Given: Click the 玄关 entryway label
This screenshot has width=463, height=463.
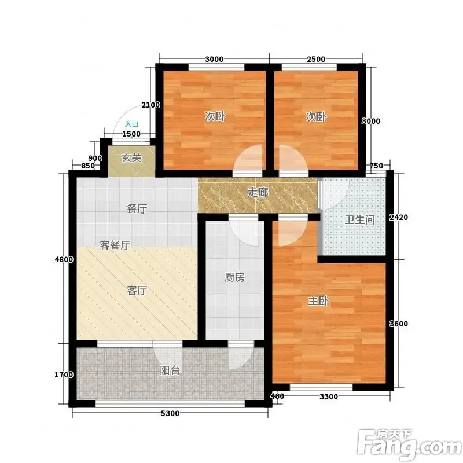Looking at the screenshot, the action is [x=131, y=158].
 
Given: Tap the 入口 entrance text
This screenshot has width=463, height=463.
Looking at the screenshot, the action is [x=132, y=124].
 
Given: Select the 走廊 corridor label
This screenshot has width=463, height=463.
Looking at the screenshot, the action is [x=258, y=192].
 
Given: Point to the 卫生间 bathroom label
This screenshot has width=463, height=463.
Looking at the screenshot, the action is [x=359, y=220].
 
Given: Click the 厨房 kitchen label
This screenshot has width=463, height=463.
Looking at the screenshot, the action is [x=235, y=277].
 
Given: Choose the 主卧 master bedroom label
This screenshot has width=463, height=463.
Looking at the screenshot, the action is [x=318, y=301].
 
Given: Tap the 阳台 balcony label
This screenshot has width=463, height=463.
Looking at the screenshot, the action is [x=170, y=370].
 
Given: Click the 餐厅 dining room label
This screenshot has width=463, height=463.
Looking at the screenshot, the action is [x=137, y=209].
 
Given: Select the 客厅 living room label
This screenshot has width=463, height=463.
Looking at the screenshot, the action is [x=137, y=291].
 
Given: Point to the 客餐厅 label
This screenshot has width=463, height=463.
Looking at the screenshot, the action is [x=115, y=245].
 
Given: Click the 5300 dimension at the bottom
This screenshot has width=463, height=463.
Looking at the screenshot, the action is [x=170, y=413].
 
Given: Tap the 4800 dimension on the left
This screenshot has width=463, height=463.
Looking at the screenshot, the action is [x=64, y=259].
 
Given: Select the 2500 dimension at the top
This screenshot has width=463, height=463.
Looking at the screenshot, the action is [x=316, y=59].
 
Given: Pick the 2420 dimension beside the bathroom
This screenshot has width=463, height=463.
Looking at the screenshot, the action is [x=398, y=218].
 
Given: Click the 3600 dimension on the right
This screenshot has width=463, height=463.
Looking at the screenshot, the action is [x=398, y=324].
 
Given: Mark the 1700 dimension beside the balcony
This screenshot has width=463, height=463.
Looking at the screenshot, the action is [x=64, y=374].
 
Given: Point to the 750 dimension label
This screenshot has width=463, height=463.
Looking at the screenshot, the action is [x=377, y=166].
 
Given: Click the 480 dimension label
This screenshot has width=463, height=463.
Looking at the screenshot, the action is [x=277, y=396].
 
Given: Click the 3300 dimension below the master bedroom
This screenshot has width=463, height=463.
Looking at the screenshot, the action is [x=329, y=396].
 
